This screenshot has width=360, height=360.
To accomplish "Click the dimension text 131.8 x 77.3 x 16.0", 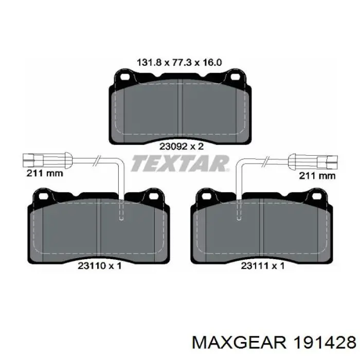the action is [179, 62].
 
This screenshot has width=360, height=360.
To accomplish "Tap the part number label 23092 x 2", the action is [182, 146].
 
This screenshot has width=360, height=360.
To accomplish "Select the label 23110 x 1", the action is [99, 266].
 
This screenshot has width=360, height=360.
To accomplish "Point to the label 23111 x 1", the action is [263, 266].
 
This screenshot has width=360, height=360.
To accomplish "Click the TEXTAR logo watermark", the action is [180, 163].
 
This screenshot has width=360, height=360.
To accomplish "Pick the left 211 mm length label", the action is [45, 173].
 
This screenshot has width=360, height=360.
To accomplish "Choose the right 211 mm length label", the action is [317, 176].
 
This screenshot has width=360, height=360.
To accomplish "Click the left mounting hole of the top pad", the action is [125, 77].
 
